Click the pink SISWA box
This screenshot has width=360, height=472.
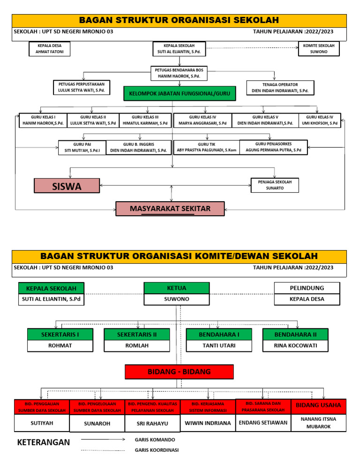pos(67,186)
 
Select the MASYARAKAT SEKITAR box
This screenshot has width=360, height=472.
pos(170,208)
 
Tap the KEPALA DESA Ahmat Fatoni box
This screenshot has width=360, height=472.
pos(50,49)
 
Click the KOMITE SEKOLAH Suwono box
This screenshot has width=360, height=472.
pos(319,49)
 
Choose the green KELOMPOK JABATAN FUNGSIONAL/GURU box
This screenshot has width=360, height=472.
pos(180,94)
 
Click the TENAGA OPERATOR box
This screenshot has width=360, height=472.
pos(280,88)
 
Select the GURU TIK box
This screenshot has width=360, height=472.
pos(206,147)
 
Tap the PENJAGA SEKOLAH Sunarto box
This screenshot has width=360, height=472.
pos(275,185)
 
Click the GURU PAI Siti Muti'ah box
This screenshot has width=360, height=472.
pos(82,147)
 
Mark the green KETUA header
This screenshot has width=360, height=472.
pos(177,288)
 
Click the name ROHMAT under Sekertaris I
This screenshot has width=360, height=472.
pos(60,346)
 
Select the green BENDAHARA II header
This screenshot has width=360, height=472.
pos(295,334)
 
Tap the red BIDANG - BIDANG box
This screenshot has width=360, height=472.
pos(179,372)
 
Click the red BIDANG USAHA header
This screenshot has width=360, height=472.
pos(319,405)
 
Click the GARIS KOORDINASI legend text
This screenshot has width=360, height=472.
pos(157,450)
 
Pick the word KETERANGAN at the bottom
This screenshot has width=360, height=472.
pos(44,442)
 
